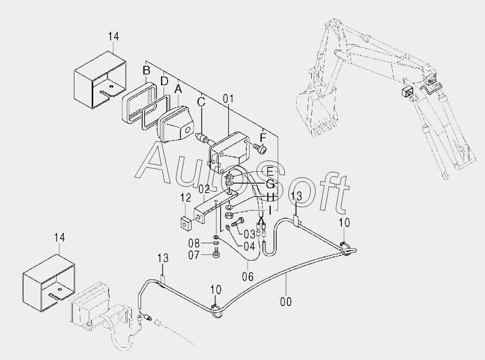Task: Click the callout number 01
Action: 227,98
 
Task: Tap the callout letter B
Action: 146,70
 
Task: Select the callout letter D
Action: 164,81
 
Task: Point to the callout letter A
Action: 178,89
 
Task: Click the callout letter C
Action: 201,101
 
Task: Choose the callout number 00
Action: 286,301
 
